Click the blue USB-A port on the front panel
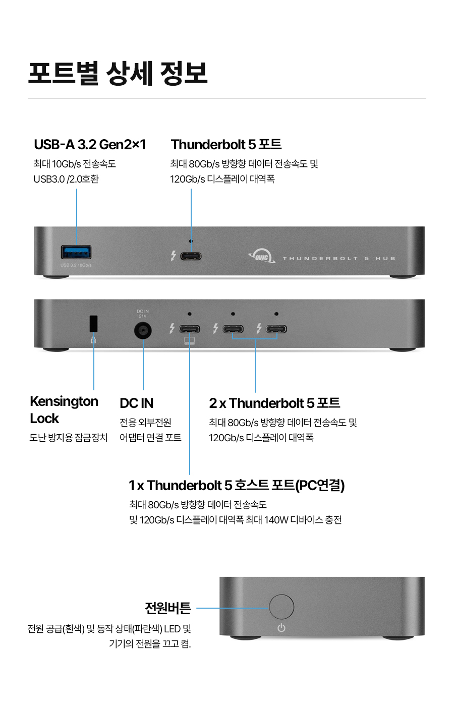[76, 252]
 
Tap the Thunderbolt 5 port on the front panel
[191, 256]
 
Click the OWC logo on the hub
[262, 257]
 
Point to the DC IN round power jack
[143, 331]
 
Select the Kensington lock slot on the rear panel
[93, 324]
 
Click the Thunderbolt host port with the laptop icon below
[190, 329]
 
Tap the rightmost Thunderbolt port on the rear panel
[276, 329]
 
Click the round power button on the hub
[281, 607]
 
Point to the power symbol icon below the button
[281, 628]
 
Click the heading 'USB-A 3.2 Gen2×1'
[90, 145]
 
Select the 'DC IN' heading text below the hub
[136, 403]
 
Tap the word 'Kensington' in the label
[64, 401]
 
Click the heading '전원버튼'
[167, 608]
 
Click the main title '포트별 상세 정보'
[118, 73]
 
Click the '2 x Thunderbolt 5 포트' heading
[274, 403]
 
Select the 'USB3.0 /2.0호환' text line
[66, 179]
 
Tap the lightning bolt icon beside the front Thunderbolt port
[173, 256]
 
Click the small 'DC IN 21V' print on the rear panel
[143, 314]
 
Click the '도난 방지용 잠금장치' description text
[69, 438]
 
